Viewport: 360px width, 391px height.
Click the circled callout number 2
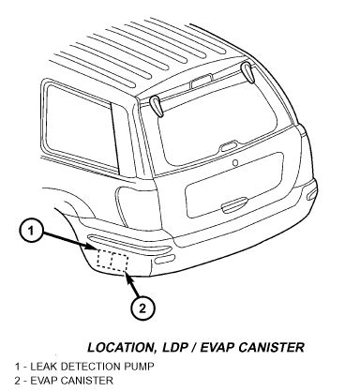140,307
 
